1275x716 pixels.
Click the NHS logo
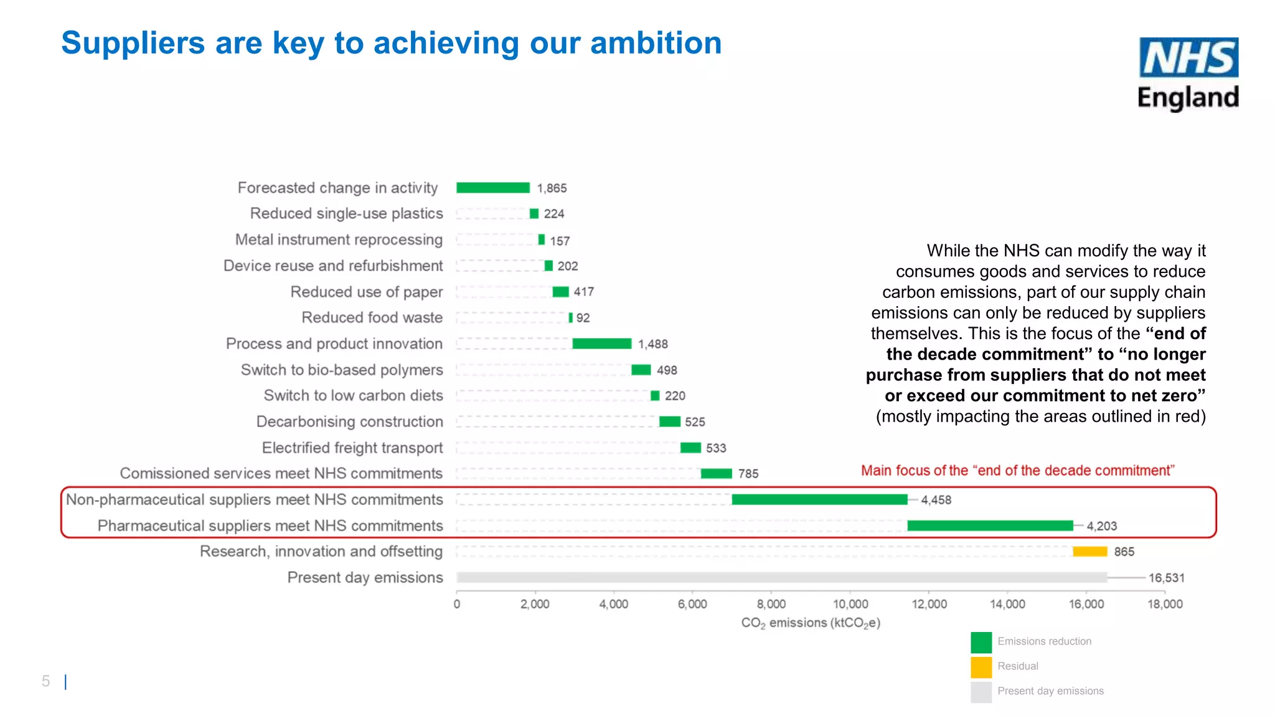[1188, 57]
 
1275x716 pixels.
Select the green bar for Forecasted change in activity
[492, 188]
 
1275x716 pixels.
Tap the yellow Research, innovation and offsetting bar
[1089, 552]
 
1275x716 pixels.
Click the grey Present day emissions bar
[781, 577]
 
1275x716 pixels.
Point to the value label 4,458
[936, 500]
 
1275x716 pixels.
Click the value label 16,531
[1166, 578]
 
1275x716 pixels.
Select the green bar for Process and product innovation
[601, 344]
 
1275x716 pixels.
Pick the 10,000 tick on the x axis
[850, 604]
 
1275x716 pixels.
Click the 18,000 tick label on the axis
[1165, 604]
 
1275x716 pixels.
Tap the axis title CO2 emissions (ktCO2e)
[811, 623]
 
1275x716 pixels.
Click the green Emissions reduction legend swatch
[981, 642]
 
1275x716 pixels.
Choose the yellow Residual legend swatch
[981, 667]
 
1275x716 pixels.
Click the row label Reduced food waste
[372, 318]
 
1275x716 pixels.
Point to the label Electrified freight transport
[352, 448]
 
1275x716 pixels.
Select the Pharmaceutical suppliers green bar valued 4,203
[990, 526]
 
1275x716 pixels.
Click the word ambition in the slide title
[656, 44]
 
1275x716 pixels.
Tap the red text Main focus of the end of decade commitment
[1017, 471]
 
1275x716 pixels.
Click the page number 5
[45, 681]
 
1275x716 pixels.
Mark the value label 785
[748, 474]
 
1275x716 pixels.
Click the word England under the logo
[1188, 98]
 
